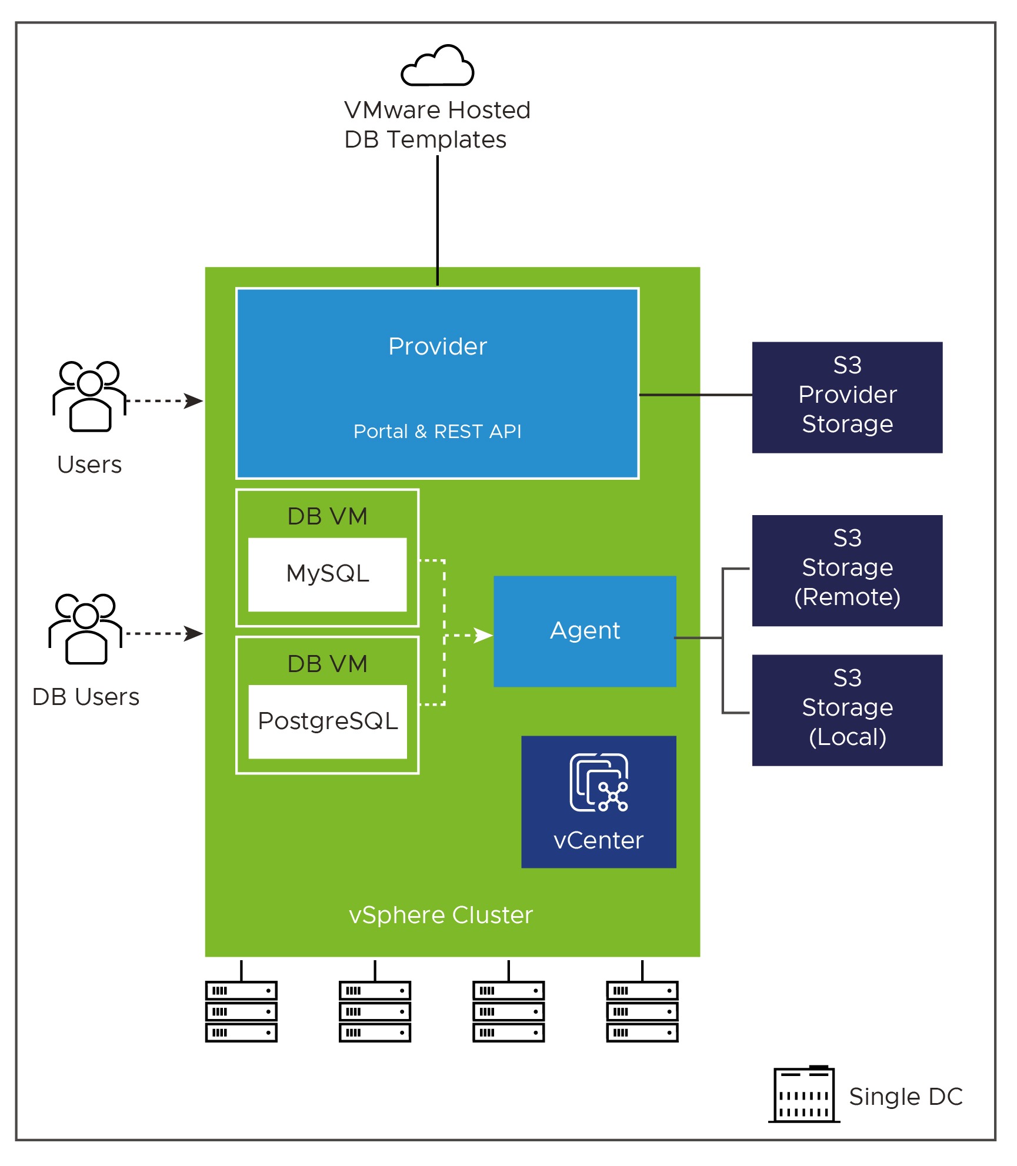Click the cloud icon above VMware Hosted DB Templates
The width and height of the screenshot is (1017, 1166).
[437, 66]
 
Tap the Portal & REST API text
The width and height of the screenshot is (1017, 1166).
[437, 432]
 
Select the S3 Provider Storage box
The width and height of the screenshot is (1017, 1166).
[847, 397]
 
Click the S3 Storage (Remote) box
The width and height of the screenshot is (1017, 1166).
[847, 570]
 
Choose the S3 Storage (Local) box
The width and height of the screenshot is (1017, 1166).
[847, 710]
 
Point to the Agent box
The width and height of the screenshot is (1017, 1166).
[585, 631]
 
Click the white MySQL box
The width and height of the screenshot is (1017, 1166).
[328, 574]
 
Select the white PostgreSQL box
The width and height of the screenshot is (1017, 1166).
[328, 721]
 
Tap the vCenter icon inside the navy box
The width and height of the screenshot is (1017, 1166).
[599, 783]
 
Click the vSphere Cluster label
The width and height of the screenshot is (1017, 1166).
[441, 916]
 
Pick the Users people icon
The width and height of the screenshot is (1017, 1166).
[89, 396]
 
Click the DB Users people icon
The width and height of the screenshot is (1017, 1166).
[86, 629]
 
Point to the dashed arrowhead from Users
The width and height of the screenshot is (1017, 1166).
[194, 401]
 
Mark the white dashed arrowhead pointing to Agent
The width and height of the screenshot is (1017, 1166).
[484, 636]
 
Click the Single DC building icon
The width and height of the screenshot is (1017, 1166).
[804, 1094]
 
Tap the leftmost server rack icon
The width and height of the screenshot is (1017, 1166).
[241, 1011]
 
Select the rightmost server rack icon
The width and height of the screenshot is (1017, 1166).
[642, 1011]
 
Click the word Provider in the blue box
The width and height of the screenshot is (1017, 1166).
[438, 347]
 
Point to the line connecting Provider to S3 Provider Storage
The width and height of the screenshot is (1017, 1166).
[695, 395]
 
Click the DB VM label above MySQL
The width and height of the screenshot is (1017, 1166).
[328, 517]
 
